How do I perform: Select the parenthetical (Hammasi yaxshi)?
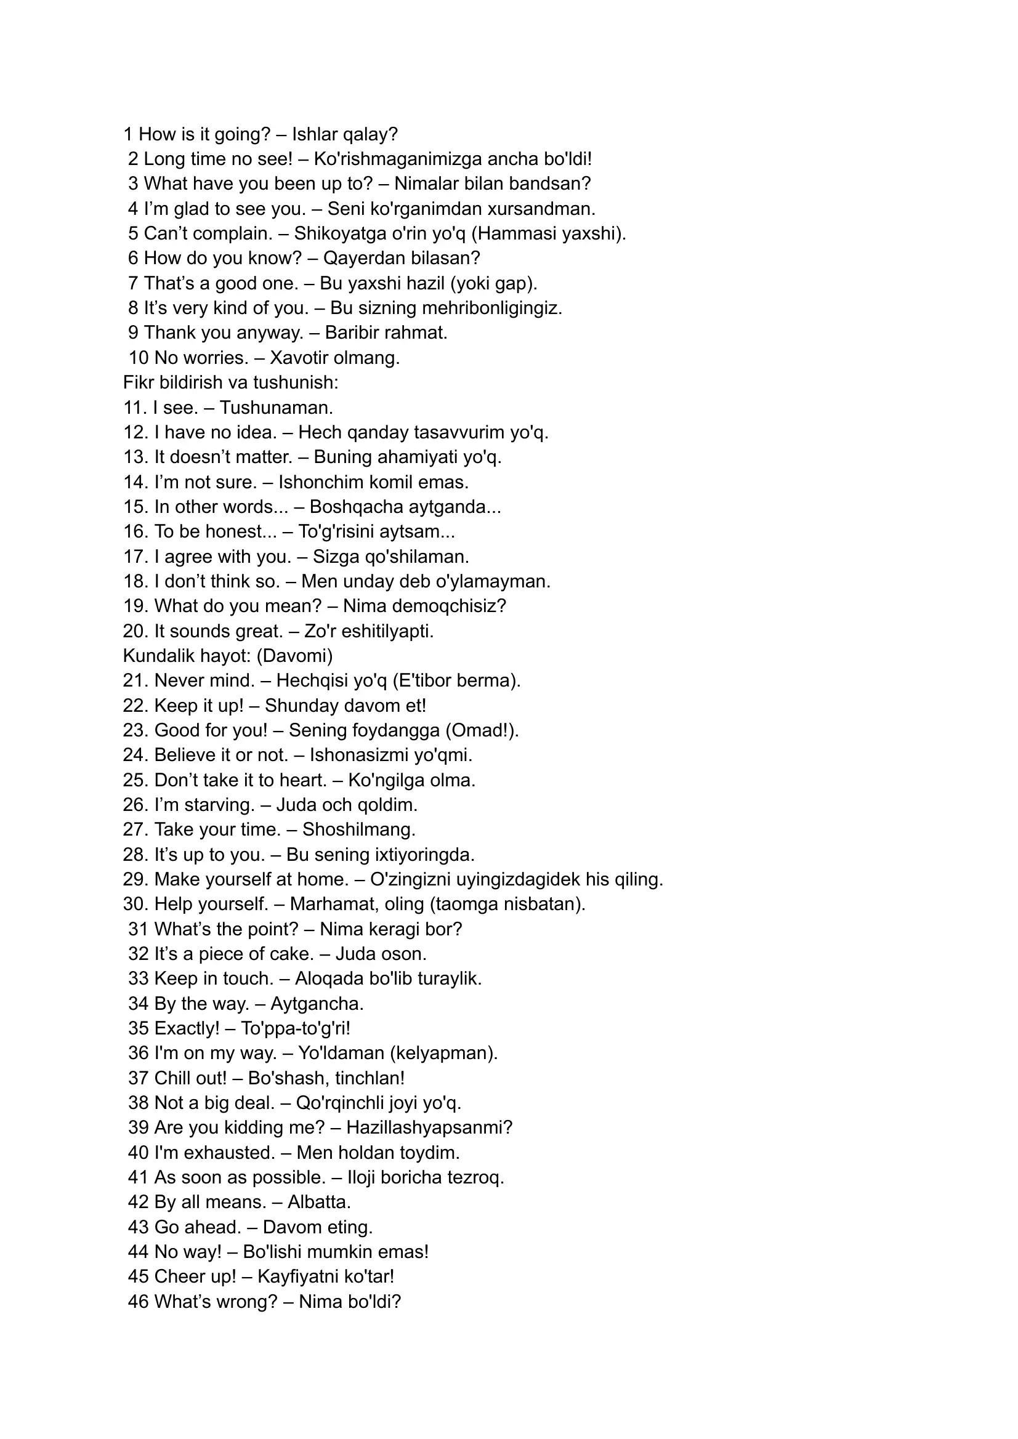(x=549, y=233)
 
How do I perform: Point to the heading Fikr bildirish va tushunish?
(x=231, y=382)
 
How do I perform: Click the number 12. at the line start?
(x=135, y=432)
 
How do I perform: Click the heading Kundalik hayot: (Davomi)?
(x=227, y=656)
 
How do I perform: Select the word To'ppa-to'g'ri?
(x=296, y=1028)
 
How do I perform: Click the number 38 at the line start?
(x=138, y=1103)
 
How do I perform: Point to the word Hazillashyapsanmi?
(x=429, y=1127)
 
